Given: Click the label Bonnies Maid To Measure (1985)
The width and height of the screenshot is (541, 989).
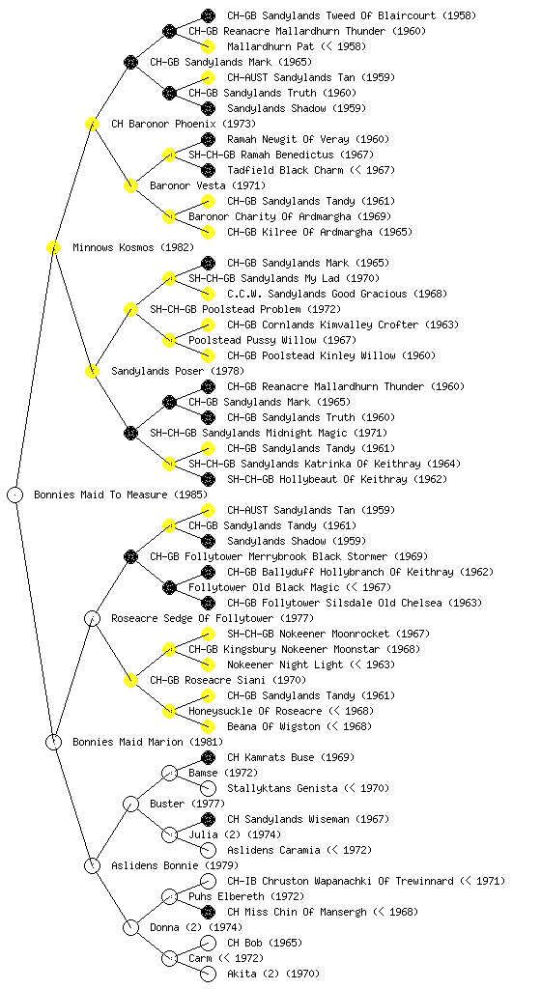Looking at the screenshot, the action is [121, 494].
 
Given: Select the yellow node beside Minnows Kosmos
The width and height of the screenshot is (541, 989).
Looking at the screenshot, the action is [53, 247].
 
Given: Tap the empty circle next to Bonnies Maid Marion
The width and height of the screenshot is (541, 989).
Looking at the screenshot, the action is [53, 742].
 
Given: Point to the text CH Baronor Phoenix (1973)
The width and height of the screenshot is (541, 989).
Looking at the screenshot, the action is [184, 124].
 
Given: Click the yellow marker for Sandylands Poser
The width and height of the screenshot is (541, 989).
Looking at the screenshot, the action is [92, 371].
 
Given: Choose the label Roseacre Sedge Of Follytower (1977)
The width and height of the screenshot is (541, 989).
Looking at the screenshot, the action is [213, 618].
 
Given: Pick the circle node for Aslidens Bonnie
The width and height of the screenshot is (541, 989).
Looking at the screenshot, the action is [92, 865].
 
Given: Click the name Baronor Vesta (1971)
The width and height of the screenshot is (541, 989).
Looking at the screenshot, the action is [208, 185].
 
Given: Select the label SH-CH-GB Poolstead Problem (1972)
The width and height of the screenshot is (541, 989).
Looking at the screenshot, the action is [245, 309].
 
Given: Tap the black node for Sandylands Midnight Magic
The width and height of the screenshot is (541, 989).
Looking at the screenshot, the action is [130, 433].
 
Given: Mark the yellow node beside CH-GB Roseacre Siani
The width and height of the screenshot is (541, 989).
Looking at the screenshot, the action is [130, 680].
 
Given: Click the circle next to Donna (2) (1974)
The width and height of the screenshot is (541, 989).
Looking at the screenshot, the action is [130, 927].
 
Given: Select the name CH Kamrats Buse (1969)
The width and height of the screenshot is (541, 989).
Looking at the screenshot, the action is [291, 757].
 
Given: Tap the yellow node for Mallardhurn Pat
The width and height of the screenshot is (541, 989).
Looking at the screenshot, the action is [208, 46].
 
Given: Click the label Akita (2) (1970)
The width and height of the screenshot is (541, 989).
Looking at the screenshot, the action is [273, 974].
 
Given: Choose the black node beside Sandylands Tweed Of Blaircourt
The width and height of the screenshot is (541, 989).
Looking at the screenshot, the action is [208, 15].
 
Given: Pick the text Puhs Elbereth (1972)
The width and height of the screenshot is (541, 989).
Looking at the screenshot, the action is [246, 896].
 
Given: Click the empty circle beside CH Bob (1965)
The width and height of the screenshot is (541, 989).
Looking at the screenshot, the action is [208, 943].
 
